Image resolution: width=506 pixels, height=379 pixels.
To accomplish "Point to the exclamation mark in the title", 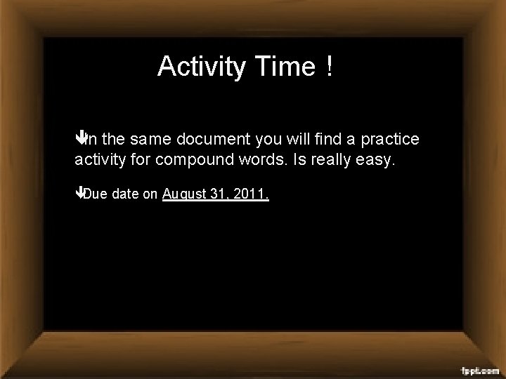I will (x=329, y=67).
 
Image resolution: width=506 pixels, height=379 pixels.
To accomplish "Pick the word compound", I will (x=195, y=161).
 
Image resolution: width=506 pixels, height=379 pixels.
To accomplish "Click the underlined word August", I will (x=185, y=195).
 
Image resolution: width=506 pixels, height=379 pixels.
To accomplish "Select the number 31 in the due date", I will (x=219, y=194).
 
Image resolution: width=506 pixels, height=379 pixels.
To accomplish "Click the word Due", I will (x=96, y=194).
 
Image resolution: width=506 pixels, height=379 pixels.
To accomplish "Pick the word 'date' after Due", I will (x=125, y=194).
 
